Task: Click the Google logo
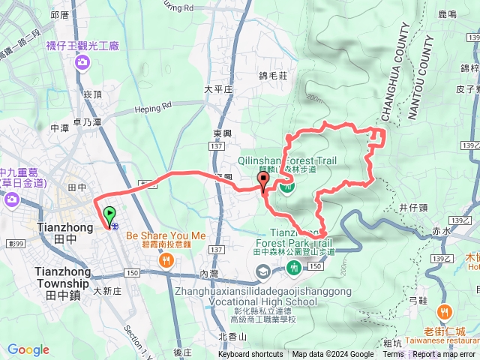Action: point(28,349)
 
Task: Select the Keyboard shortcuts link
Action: point(250,355)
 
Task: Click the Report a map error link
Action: point(445,355)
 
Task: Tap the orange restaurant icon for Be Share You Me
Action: point(165,259)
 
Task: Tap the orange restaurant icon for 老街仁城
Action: point(446,310)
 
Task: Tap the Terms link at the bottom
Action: point(393,355)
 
